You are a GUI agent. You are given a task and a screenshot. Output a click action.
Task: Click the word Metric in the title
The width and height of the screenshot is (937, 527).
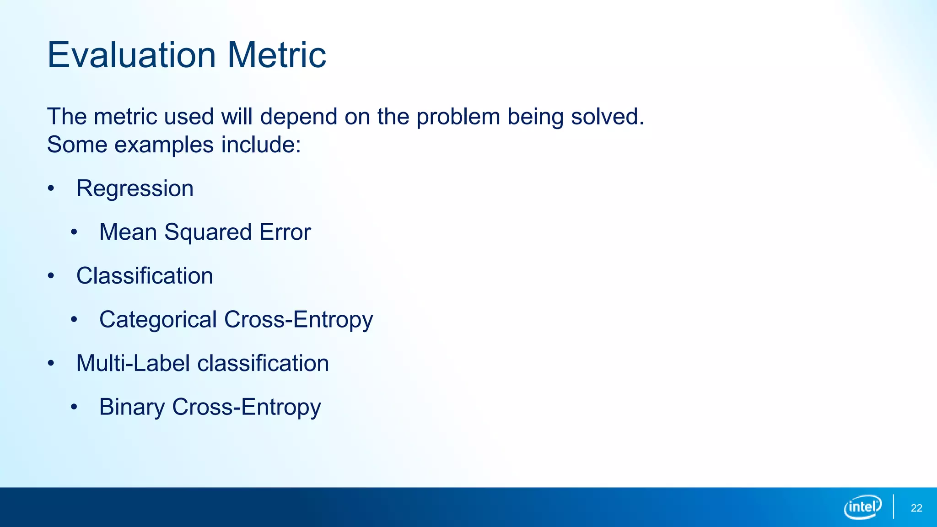tap(276, 55)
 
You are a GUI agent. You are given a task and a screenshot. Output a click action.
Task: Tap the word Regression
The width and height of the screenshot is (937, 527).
tap(135, 188)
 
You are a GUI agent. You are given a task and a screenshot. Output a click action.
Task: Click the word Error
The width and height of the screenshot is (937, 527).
tap(285, 232)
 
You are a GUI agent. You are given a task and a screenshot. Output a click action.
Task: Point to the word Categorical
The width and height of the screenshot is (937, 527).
tap(158, 319)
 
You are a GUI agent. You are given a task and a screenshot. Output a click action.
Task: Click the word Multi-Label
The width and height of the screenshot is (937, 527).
tap(133, 363)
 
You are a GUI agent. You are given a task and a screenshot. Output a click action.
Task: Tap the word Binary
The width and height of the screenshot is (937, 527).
tap(132, 407)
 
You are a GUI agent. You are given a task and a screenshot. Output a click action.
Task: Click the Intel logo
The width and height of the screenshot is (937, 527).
tap(862, 507)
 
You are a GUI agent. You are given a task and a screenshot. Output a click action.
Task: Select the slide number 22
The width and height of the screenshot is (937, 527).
tap(916, 508)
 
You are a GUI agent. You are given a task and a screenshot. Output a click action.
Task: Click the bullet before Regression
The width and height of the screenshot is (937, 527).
tap(51, 188)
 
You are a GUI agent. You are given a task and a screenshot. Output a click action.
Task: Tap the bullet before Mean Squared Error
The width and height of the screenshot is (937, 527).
tap(74, 232)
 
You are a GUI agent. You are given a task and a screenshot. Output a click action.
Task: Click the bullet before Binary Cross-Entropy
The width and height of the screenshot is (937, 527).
tap(74, 407)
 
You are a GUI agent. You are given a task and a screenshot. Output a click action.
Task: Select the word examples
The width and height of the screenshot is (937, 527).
tap(164, 145)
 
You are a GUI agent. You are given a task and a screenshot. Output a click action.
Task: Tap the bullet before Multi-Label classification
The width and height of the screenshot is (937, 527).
tap(51, 363)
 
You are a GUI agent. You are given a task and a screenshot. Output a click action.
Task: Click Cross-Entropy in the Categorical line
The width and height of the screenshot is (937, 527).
tap(298, 319)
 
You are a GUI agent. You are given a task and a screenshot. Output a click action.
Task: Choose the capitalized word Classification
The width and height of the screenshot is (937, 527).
tap(145, 276)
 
